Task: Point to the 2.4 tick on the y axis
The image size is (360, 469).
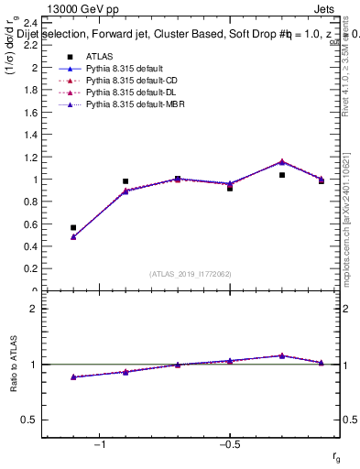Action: [x=29, y=23]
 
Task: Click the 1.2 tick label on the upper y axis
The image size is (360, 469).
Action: [x=29, y=157]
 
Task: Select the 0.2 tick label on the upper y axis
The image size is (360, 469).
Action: [x=29, y=268]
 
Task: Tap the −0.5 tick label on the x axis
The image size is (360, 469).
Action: [x=228, y=444]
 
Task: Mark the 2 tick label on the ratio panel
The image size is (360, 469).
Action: [x=33, y=309]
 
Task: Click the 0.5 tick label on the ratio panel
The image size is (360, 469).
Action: [x=29, y=420]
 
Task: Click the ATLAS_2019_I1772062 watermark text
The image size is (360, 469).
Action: [x=190, y=273]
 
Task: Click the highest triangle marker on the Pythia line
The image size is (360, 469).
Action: [x=282, y=161]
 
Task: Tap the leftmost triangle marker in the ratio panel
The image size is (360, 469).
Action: [x=73, y=376]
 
